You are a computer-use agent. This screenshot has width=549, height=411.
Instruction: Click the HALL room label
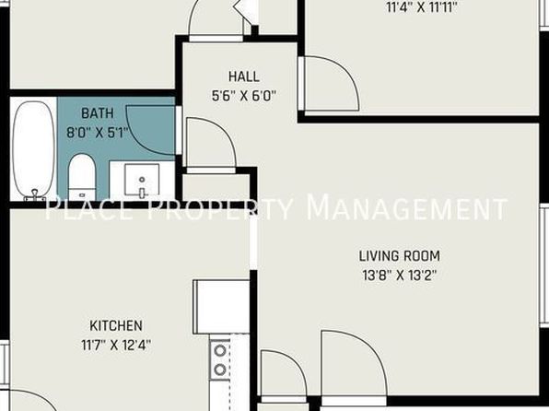[x=244, y=76]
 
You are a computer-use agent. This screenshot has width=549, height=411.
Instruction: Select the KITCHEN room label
[x=116, y=326]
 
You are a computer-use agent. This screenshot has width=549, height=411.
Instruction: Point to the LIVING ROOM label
[x=400, y=256]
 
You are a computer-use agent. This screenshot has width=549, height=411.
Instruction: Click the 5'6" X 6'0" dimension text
[x=244, y=96]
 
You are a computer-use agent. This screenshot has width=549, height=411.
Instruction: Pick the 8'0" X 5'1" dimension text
[x=98, y=133]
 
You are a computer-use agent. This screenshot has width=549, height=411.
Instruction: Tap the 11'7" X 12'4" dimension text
[x=116, y=346]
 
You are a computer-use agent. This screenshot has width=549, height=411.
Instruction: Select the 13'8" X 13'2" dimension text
[x=400, y=276]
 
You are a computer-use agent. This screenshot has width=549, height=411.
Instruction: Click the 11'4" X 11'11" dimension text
[x=422, y=7]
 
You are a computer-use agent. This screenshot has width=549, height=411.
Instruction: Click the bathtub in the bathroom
[x=33, y=150]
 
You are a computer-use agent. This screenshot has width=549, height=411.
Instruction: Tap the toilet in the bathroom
[x=82, y=177]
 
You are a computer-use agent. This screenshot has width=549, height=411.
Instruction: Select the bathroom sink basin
[x=142, y=181]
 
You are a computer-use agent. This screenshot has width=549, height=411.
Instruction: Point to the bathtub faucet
[x=35, y=194]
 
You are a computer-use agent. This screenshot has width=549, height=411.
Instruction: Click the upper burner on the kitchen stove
[x=220, y=351]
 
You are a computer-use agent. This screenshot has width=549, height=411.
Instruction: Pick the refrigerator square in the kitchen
[x=221, y=307]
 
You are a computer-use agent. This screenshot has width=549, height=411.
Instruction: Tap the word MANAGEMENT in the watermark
[x=406, y=207]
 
